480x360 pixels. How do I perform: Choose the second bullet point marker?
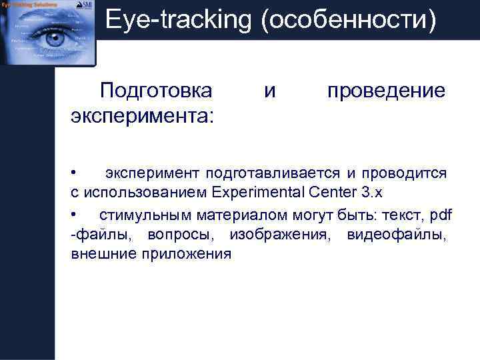coord(75,214)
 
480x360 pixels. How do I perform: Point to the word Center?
coord(331,194)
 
